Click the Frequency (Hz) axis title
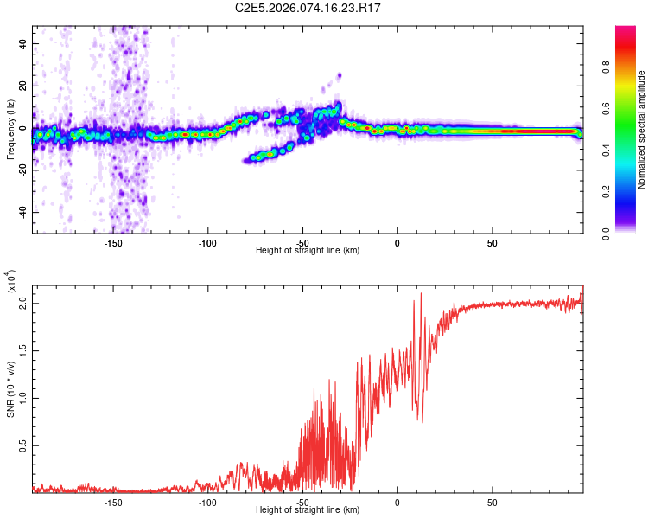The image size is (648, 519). click(11, 130)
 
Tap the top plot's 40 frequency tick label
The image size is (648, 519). click(24, 42)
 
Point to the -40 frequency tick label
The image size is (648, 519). click(22, 212)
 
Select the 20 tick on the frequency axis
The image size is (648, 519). click(24, 85)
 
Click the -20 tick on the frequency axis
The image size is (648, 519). click(22, 170)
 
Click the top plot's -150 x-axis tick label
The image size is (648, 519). click(112, 243)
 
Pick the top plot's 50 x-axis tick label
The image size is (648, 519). click(492, 243)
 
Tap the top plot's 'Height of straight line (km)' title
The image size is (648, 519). click(308, 251)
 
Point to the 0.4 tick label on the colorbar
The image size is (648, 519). click(632, 150)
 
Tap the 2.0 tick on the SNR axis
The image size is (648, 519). click(23, 304)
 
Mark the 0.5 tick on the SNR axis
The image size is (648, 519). click(23, 445)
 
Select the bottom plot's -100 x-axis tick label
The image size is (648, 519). click(207, 503)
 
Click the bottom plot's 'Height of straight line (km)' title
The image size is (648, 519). click(308, 510)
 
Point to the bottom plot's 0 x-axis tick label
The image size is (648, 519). click(397, 503)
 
